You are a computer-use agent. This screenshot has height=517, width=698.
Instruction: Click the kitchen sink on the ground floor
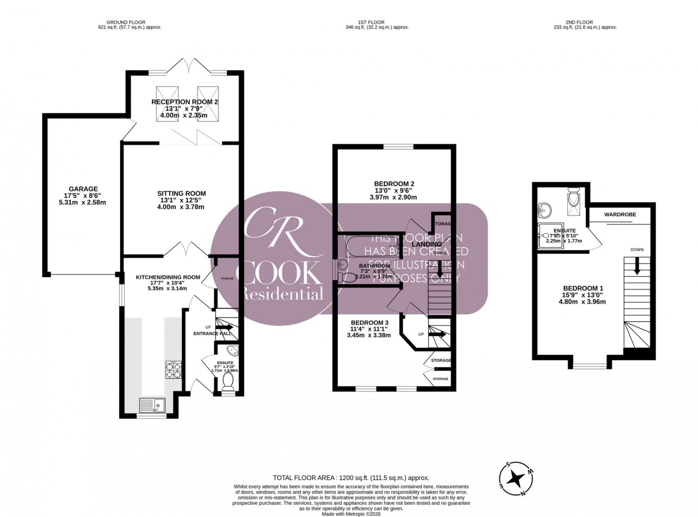152,405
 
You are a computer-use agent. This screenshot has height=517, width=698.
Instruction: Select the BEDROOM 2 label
393,184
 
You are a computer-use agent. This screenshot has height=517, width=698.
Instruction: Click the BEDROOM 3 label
370,323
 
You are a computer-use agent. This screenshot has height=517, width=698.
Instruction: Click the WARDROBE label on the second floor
620,214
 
